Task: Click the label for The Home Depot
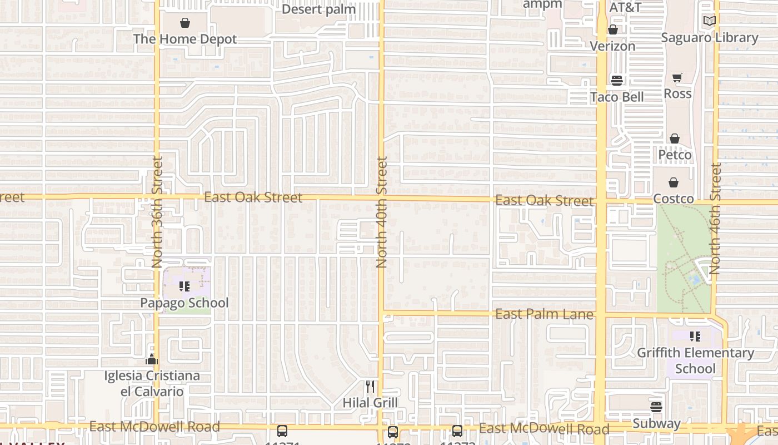coord(184,39)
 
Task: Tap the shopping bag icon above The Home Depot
coord(184,23)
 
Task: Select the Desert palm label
coord(318,9)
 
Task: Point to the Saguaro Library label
coord(709,37)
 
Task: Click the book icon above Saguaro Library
coord(709,21)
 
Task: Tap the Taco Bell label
coord(617,97)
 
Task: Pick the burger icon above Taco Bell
coord(616,81)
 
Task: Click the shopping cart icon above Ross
coord(677,77)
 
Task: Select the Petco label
coord(675,154)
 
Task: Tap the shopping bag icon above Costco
coord(674,182)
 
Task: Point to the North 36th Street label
coord(157,211)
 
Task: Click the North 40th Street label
coord(381,211)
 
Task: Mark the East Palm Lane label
coord(544,314)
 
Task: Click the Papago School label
coord(184,303)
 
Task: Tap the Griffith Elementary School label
coord(695,360)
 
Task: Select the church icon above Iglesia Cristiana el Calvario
coord(152,360)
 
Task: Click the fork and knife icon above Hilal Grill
coord(370,386)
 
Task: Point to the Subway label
coord(656,423)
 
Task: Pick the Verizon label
coord(612,46)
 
